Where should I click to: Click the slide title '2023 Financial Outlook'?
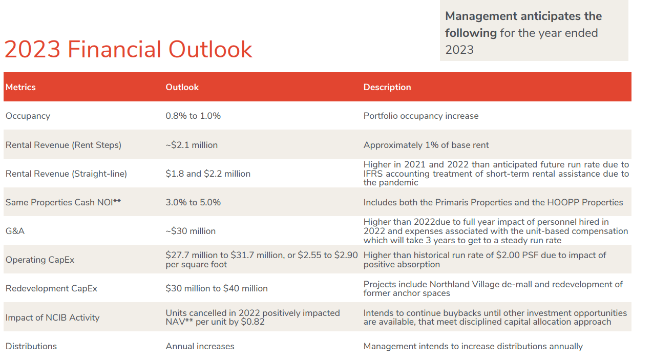[128, 50]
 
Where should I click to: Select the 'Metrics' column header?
[20, 87]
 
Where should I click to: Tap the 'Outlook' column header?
[182, 87]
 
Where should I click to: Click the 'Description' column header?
[387, 87]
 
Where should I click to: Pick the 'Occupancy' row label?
[28, 116]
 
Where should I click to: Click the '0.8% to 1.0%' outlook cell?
[193, 116]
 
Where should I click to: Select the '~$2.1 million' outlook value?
[192, 145]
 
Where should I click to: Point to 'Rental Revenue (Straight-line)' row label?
[66, 174]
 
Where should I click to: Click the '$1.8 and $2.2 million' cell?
[207, 174]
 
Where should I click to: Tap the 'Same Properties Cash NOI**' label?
[63, 202]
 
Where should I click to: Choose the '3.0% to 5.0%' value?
[193, 202]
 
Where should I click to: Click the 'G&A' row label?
[15, 231]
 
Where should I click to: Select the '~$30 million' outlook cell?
[191, 231]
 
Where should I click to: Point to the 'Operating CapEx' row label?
[39, 260]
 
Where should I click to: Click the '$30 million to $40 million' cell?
[216, 288]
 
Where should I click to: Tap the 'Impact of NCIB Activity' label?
[52, 317]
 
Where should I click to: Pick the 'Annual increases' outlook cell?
[200, 346]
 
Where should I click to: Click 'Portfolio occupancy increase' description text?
[420, 116]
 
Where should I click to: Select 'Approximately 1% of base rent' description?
[426, 145]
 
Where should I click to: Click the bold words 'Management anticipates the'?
[523, 16]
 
